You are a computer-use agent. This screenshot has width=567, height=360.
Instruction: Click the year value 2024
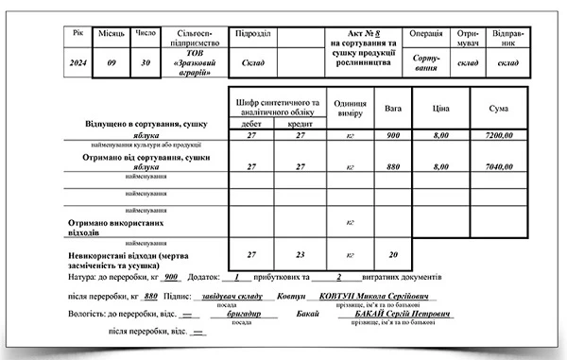(78, 63)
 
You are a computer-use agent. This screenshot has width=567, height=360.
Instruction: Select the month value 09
(112, 63)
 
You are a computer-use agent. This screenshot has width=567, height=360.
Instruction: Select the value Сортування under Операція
(426, 63)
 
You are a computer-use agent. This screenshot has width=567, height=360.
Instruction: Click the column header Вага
(393, 109)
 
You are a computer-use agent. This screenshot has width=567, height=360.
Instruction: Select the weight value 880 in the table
(393, 167)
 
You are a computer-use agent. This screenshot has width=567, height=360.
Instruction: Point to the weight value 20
(393, 255)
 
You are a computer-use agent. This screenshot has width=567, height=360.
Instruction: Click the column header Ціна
(440, 110)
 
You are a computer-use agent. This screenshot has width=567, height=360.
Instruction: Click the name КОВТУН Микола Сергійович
(367, 296)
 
